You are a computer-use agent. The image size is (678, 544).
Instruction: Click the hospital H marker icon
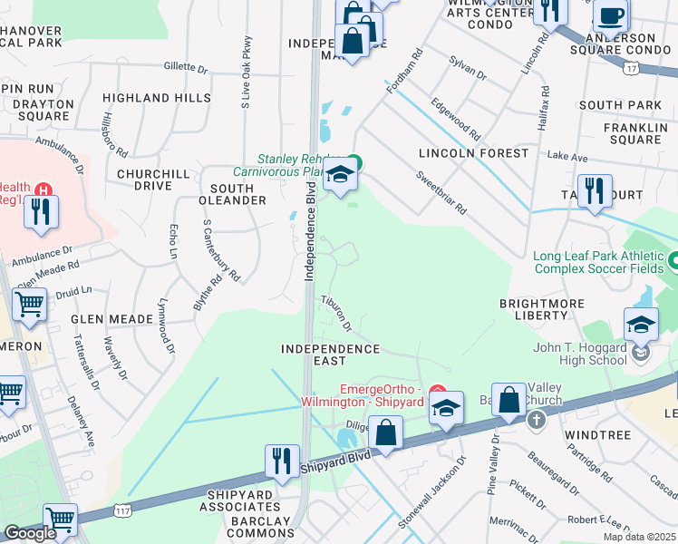(x=42, y=189)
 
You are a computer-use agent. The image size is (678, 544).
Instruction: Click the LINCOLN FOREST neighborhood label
(x=473, y=153)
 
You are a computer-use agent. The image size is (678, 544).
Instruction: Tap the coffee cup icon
(x=611, y=15)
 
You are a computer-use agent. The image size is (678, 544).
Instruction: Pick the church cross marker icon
(x=536, y=420)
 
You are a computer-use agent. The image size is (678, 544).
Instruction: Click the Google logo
(x=30, y=533)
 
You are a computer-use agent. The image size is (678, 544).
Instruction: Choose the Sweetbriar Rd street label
(x=441, y=192)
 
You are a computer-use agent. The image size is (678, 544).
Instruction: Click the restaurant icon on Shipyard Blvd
(x=282, y=460)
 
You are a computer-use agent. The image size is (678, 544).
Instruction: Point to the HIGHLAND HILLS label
(x=156, y=98)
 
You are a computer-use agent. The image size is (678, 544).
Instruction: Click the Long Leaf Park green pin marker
(x=673, y=262)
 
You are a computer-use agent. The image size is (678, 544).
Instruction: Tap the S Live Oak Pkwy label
(x=245, y=73)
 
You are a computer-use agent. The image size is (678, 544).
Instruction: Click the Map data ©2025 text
(x=640, y=537)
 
